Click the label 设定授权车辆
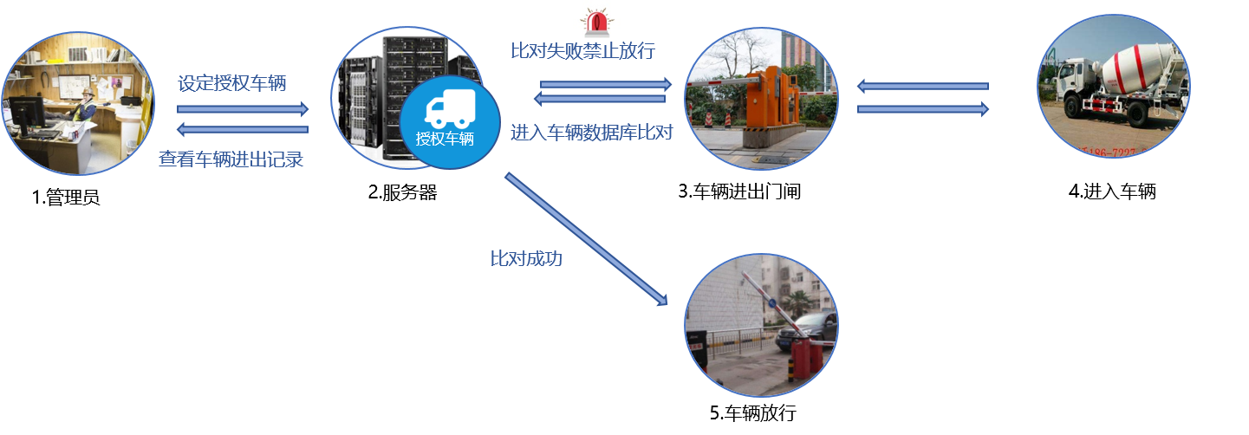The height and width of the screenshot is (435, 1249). coord(232,84)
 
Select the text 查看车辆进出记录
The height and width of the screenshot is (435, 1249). coord(231,159)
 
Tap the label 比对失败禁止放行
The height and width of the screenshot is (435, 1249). coord(582,50)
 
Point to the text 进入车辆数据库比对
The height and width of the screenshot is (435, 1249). coord(592,133)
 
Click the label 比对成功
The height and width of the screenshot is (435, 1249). coord(526,257)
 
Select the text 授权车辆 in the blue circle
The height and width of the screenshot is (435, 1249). coord(446,139)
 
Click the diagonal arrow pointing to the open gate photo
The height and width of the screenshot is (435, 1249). coord(587,238)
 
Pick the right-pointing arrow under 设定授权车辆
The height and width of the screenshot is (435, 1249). coord(243,109)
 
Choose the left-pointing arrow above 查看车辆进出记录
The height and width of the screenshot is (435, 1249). coord(243,130)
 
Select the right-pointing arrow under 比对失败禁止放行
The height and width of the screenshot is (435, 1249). coord(606,84)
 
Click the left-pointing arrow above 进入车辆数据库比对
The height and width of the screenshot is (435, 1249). coord(606,99)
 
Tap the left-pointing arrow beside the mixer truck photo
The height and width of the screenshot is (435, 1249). coord(923,87)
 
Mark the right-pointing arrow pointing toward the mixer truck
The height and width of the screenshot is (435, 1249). coord(923,109)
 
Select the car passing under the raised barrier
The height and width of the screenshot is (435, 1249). coord(810,329)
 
